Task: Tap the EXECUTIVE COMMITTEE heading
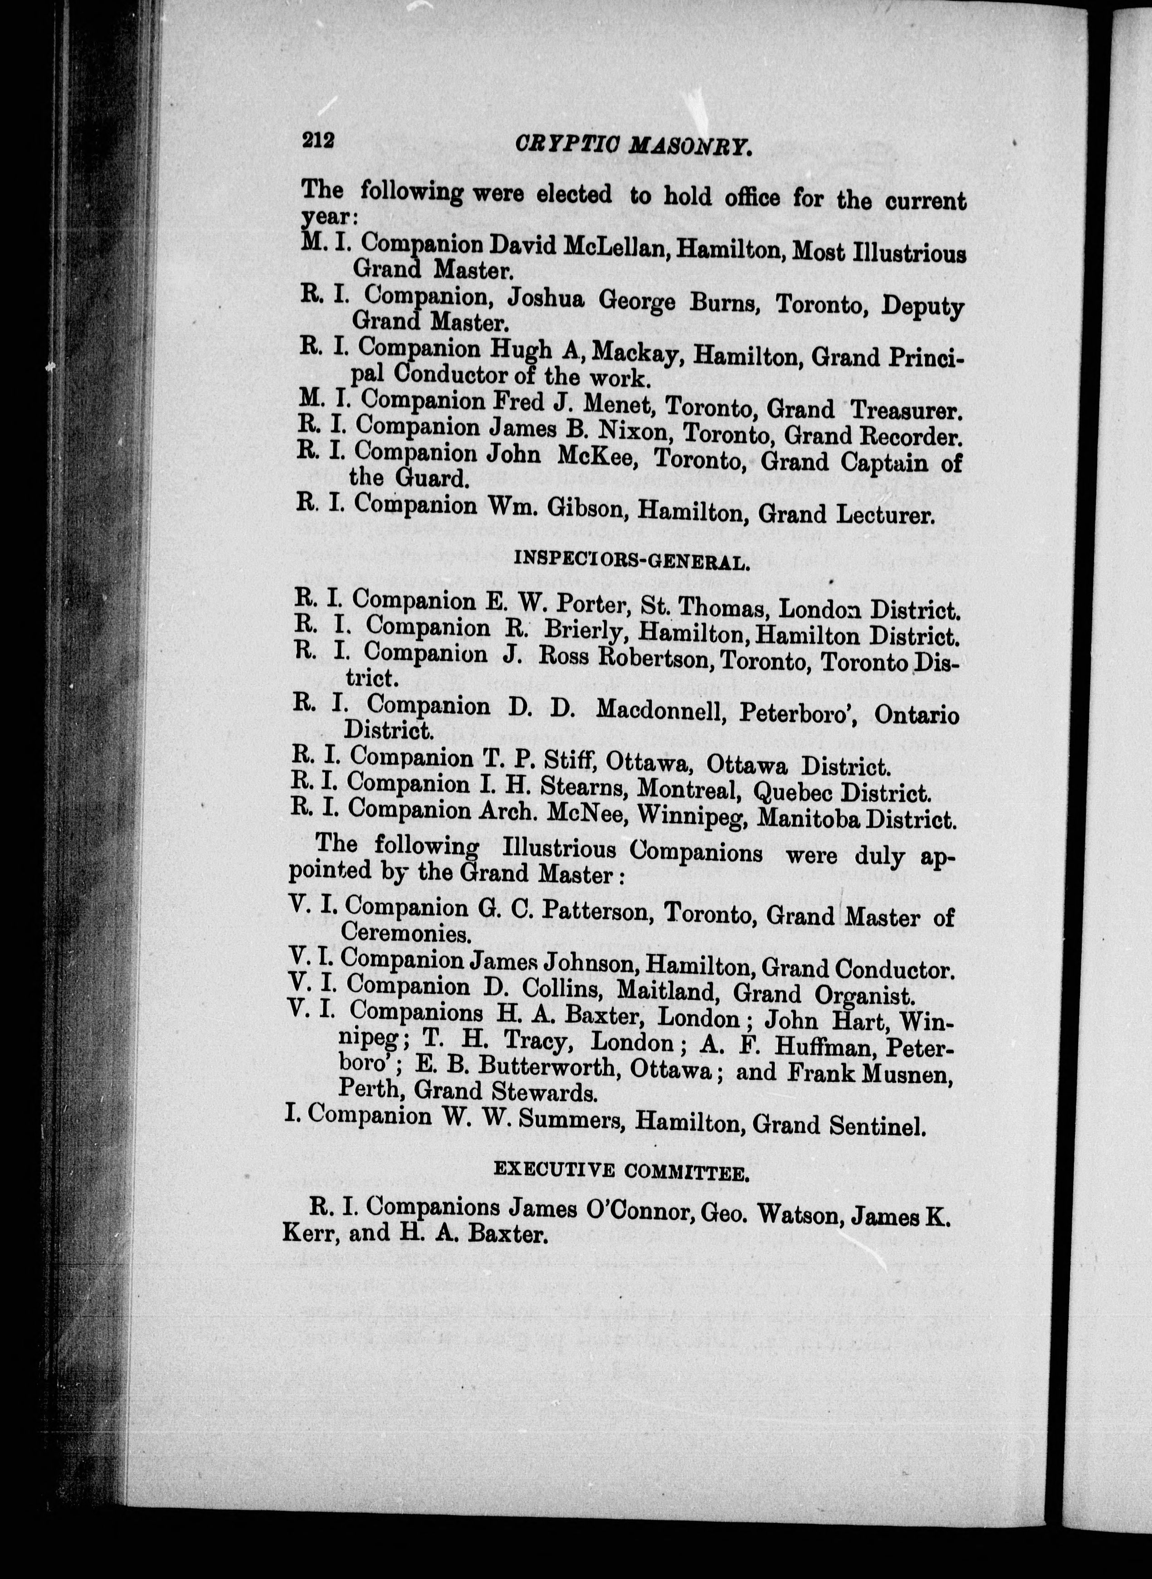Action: pos(621,1172)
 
